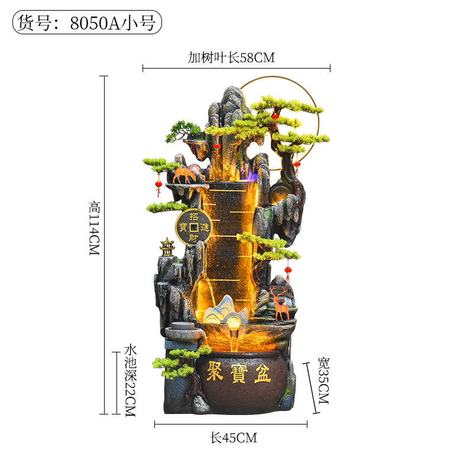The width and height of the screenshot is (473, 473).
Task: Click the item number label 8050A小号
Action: click(113, 23)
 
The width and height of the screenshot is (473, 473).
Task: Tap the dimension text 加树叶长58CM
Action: click(231, 57)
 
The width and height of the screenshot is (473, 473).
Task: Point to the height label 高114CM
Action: click(95, 229)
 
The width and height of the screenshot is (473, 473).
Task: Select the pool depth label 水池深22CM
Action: click(130, 381)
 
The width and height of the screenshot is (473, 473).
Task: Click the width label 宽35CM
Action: click(323, 381)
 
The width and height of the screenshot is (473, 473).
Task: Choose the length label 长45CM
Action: click(234, 438)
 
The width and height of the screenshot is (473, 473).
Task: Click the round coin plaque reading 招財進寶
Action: click(194, 227)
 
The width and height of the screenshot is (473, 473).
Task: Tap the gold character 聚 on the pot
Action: click(215, 371)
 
